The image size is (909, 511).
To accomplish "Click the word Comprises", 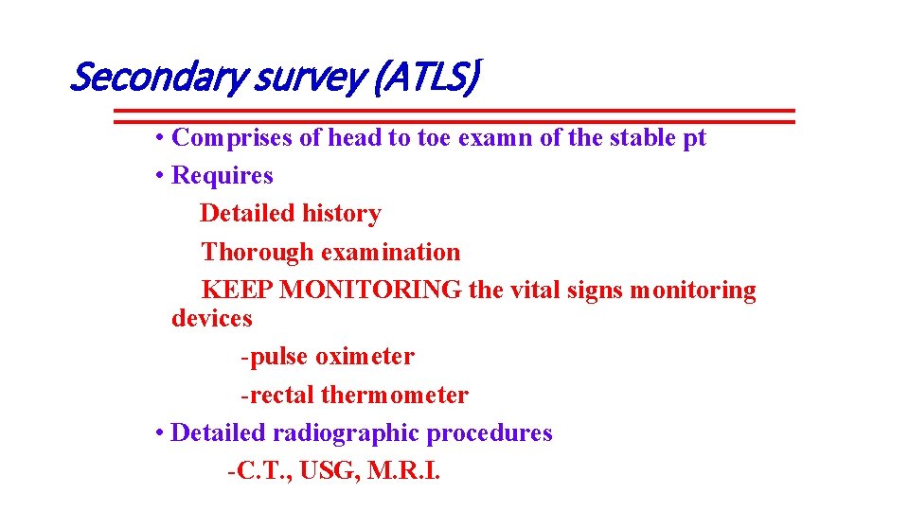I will pyautogui.click(x=232, y=138).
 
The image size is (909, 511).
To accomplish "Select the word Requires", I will pyautogui.click(x=222, y=176).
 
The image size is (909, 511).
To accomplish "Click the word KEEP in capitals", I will pyautogui.click(x=239, y=291).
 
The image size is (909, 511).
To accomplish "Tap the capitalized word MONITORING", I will pyautogui.click(x=371, y=291).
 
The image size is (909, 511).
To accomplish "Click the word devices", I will pyautogui.click(x=212, y=319).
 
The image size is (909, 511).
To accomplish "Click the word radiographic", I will pyautogui.click(x=346, y=433).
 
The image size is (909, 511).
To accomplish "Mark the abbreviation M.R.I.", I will pyautogui.click(x=409, y=471).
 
